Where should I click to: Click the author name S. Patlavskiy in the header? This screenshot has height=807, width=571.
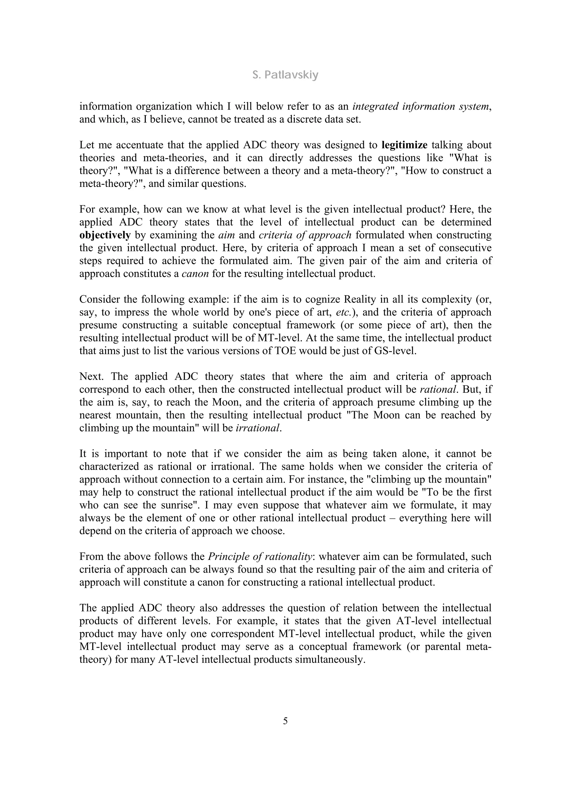tap(285, 75)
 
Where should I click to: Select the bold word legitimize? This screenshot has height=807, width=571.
tap(404, 145)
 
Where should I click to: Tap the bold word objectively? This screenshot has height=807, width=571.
tap(105, 235)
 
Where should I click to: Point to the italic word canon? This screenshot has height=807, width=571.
tap(195, 274)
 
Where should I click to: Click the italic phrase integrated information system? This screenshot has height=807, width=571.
tap(420, 106)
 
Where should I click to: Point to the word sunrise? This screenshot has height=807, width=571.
tap(172, 505)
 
